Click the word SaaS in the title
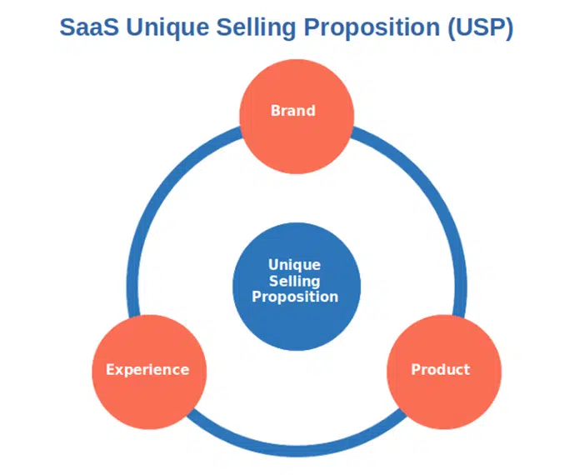pos(89,27)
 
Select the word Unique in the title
pos(167,28)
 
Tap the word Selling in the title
pos(256,28)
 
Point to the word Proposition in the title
pos(372,28)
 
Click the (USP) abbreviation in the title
pos(481,28)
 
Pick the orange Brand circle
pos(297,117)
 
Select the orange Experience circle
pos(149,372)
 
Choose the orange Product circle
pos(444,372)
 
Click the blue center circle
pos(297,287)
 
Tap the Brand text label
pos(293,111)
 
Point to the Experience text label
pos(147,370)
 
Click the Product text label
pos(440,369)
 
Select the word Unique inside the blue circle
pos(294,265)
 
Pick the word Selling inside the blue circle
pos(294,282)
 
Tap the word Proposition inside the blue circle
pos(295,297)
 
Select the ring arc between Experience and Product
pos(297,451)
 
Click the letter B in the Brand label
pos(276,111)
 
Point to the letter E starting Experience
pos(110,369)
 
